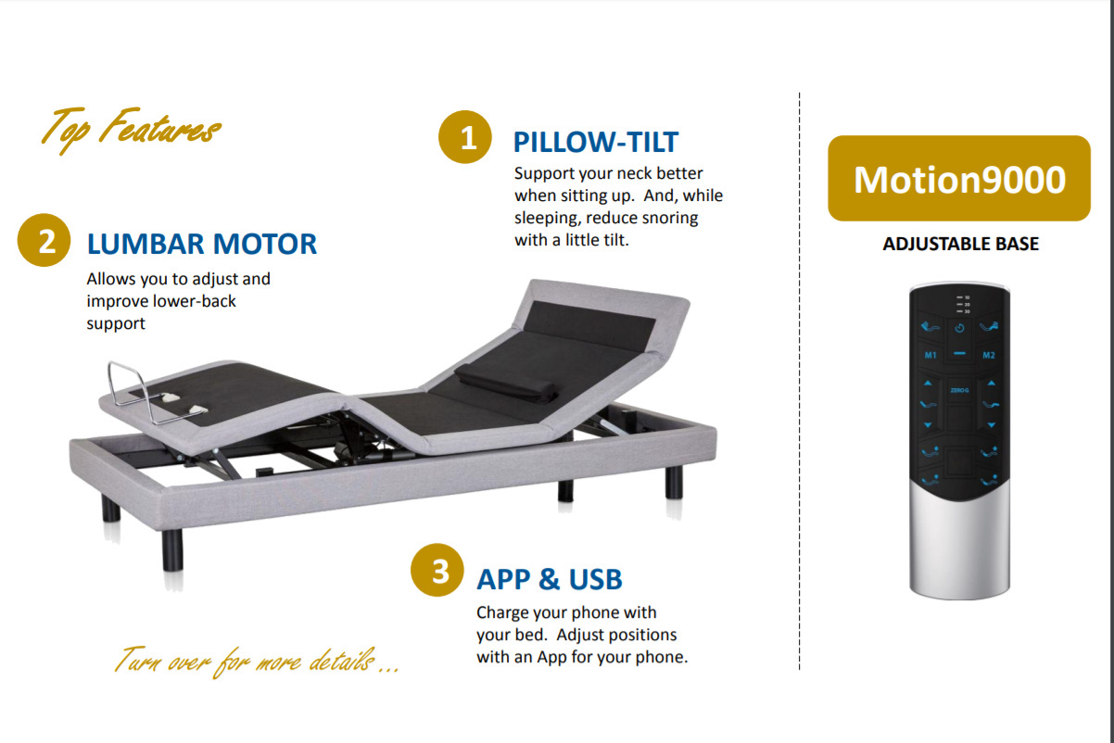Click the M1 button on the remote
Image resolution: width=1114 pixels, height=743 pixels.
[x=930, y=356]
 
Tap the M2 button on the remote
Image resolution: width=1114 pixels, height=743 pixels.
[x=989, y=356]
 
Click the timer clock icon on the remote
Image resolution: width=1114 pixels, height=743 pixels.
[x=960, y=328]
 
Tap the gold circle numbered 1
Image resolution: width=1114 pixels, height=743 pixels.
[x=465, y=137]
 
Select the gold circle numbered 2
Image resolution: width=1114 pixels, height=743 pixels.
[x=44, y=241]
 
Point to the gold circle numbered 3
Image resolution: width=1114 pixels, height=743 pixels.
[x=437, y=570]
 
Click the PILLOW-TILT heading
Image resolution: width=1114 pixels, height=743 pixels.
[x=596, y=142]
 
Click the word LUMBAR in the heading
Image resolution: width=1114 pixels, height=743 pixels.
[x=146, y=244]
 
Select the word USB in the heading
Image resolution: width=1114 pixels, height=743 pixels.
[x=595, y=580]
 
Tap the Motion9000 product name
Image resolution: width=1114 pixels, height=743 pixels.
[x=959, y=180]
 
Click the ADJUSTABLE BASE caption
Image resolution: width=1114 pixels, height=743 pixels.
[x=960, y=244]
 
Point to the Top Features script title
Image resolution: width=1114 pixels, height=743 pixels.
[x=131, y=129]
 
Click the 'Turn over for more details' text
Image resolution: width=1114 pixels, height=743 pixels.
[x=257, y=661]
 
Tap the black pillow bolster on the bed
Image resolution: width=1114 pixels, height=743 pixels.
[x=506, y=383]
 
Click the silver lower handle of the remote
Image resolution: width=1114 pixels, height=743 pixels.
[x=960, y=547]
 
